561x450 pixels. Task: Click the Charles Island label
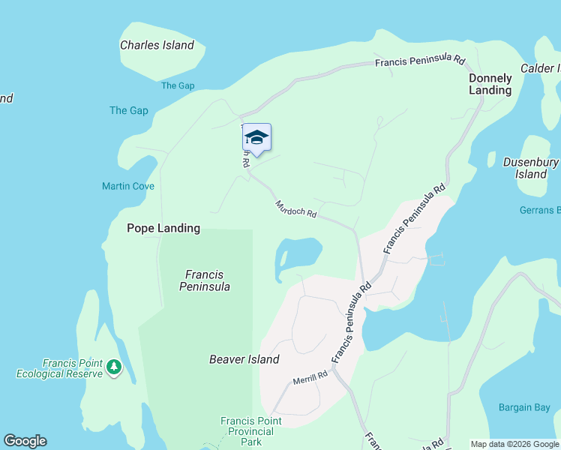[157, 45]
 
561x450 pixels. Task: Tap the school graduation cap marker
[256, 138]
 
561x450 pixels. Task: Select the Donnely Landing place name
[490, 84]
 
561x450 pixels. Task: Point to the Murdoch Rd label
[296, 208]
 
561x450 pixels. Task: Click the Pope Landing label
[163, 228]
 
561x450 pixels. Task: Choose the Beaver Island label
[244, 359]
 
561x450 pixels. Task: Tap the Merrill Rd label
[310, 377]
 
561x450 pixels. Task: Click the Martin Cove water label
[128, 186]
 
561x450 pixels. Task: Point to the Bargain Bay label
[524, 408]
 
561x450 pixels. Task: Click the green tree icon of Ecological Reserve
[113, 367]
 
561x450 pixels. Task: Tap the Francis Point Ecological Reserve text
[61, 367]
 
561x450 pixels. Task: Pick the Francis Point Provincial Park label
[251, 431]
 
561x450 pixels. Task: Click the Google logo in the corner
[25, 441]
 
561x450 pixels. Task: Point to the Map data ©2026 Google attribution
[514, 444]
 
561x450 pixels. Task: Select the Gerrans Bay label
[540, 210]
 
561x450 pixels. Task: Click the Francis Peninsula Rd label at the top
[421, 61]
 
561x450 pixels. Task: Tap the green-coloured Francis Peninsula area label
[205, 280]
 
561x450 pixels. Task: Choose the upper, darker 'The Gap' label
[178, 85]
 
